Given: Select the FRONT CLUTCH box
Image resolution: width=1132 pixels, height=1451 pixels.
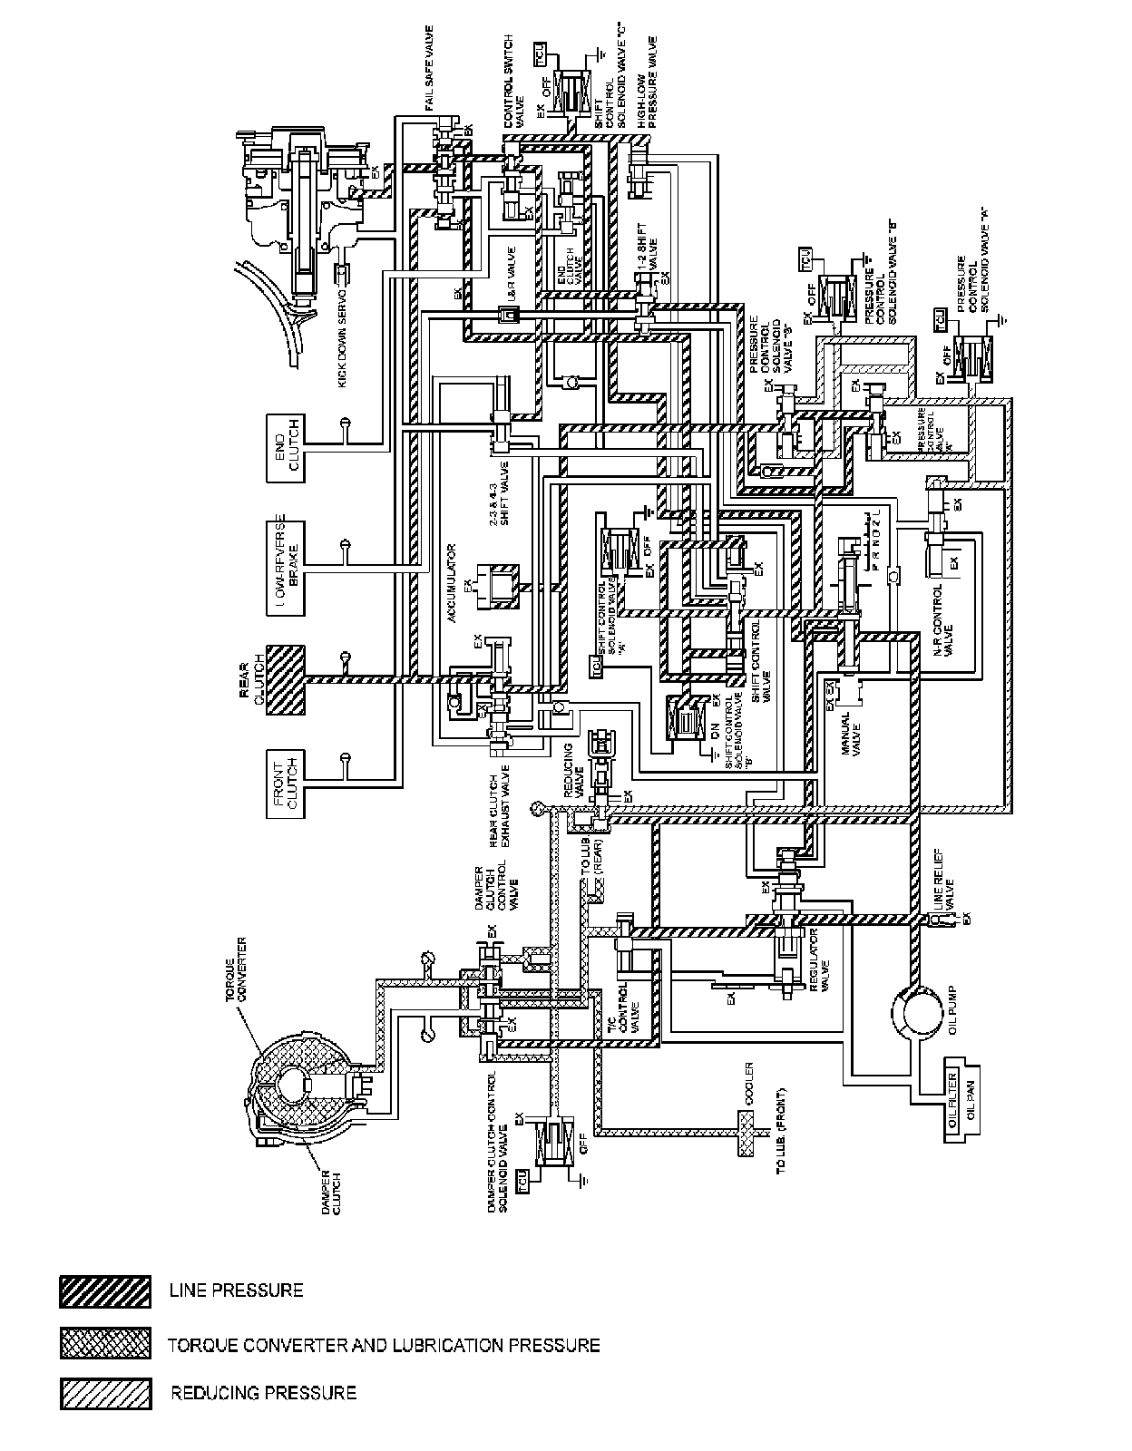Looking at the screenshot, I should [x=285, y=784].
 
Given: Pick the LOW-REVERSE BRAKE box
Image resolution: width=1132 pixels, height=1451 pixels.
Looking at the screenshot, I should [x=285, y=566].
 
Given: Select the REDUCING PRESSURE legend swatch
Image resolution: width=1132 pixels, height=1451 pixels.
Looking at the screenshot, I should [x=105, y=1394].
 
